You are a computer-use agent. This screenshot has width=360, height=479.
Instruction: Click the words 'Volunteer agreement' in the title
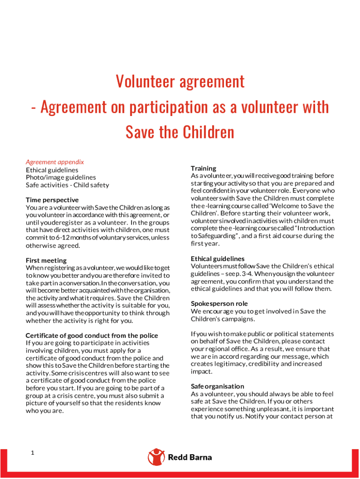click(x=180, y=82)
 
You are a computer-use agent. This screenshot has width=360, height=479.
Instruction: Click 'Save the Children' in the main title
click(x=180, y=132)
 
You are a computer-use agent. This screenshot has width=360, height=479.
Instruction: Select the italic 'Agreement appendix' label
click(x=55, y=162)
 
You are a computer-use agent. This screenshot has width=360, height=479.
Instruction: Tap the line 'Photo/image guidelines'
click(x=61, y=177)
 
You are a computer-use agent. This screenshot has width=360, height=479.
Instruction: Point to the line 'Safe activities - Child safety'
click(x=67, y=185)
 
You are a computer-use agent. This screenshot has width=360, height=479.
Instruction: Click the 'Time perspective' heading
click(x=52, y=200)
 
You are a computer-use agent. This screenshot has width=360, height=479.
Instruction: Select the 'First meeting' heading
click(x=46, y=260)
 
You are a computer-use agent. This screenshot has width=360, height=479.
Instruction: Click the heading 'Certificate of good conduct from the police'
click(x=92, y=335)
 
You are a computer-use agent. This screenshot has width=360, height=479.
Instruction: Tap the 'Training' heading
click(x=203, y=168)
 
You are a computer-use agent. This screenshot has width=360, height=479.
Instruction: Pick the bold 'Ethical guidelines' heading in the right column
click(x=217, y=259)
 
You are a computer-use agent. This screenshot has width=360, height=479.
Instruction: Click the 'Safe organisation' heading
click(x=217, y=386)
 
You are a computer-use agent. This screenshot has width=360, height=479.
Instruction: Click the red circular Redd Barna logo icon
click(x=156, y=457)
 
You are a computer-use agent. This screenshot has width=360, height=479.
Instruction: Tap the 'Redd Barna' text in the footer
click(x=190, y=457)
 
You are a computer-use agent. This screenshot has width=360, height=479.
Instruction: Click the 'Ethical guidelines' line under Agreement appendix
click(x=52, y=170)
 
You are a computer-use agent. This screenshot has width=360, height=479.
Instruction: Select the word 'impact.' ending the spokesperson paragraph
click(x=202, y=371)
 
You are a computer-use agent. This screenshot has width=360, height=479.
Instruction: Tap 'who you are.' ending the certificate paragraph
click(x=44, y=411)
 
